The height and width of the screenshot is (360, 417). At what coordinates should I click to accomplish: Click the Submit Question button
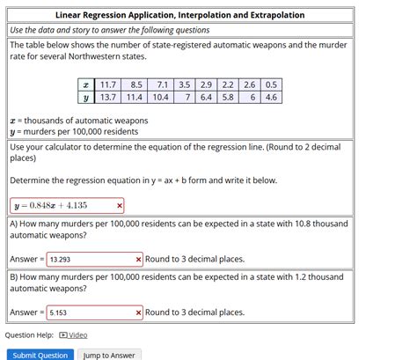pyautogui.click(x=40, y=355)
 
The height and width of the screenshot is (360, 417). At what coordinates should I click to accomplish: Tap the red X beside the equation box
pyautogui.click(x=120, y=205)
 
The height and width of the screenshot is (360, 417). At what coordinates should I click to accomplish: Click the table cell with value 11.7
pyautogui.click(x=109, y=84)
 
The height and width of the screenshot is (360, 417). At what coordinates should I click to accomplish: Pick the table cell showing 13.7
pyautogui.click(x=109, y=97)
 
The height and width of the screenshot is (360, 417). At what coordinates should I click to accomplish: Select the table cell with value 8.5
pyautogui.click(x=135, y=84)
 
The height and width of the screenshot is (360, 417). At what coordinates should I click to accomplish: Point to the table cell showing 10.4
pyautogui.click(x=160, y=97)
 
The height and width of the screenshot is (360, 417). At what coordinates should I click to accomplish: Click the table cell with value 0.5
pyautogui.click(x=270, y=84)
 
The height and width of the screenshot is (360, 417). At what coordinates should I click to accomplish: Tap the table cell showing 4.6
pyautogui.click(x=270, y=97)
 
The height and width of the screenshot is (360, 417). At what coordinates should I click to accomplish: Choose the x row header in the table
pyautogui.click(x=84, y=84)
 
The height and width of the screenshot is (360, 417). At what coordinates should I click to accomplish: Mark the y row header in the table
pyautogui.click(x=84, y=97)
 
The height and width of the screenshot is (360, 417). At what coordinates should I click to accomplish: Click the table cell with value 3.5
pyautogui.click(x=184, y=84)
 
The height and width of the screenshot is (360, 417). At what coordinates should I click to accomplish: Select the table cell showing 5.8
pyautogui.click(x=227, y=97)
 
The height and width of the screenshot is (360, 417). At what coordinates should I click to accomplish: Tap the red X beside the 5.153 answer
pyautogui.click(x=139, y=312)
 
